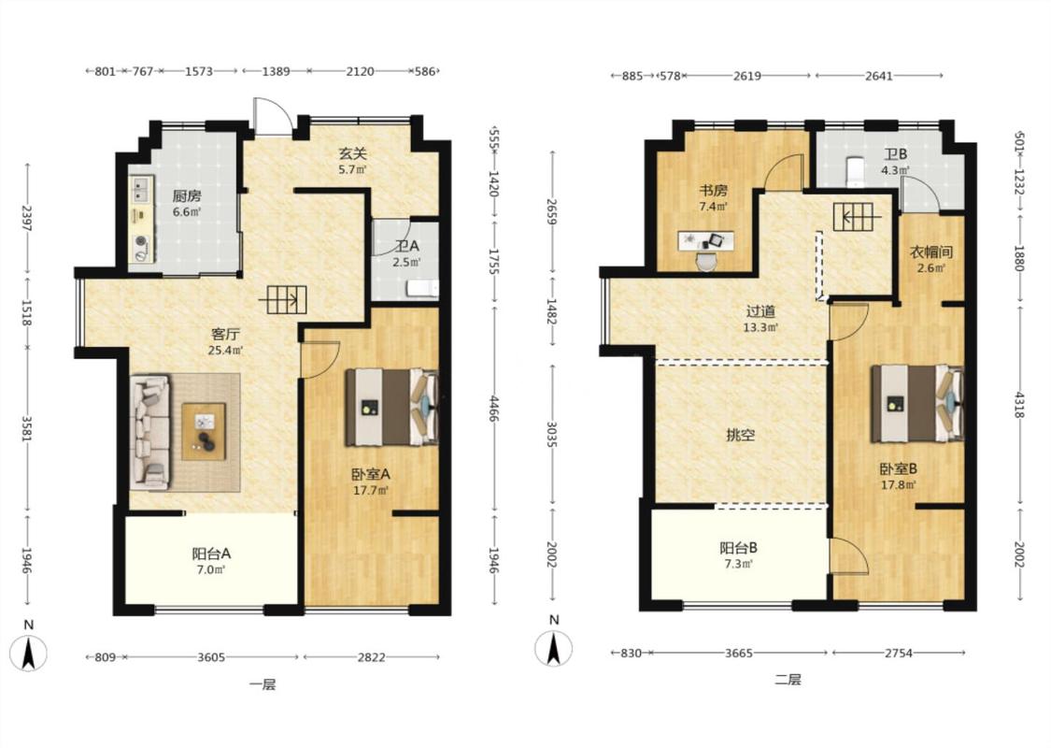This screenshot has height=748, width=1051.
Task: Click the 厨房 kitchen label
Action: point(186,196)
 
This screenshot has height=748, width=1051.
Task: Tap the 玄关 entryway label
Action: point(352,153)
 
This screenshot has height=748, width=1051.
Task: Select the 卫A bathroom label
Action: point(407,247)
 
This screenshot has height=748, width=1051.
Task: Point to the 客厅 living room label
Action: point(225,334)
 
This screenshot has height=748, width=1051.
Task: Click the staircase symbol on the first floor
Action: point(283,299)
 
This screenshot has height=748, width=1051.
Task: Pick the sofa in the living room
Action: point(149,431)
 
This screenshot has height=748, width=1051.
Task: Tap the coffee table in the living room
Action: point(204,431)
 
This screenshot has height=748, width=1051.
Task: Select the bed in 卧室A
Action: point(391,408)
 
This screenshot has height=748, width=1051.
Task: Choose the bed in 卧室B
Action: point(917,403)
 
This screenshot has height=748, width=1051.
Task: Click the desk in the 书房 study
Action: point(706,241)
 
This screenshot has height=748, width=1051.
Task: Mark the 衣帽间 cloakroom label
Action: point(931,252)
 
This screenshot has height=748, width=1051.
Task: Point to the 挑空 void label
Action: point(741,435)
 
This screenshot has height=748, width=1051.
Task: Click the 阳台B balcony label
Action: point(739,548)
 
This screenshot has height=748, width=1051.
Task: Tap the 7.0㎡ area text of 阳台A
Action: point(211,570)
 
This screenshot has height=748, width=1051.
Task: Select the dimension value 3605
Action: point(211,657)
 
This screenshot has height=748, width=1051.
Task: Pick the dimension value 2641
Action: point(879,76)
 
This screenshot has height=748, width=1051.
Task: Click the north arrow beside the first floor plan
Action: point(28,653)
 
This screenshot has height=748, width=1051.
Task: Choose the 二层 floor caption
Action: point(788,680)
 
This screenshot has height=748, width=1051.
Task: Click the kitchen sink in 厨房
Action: point(141,189)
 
